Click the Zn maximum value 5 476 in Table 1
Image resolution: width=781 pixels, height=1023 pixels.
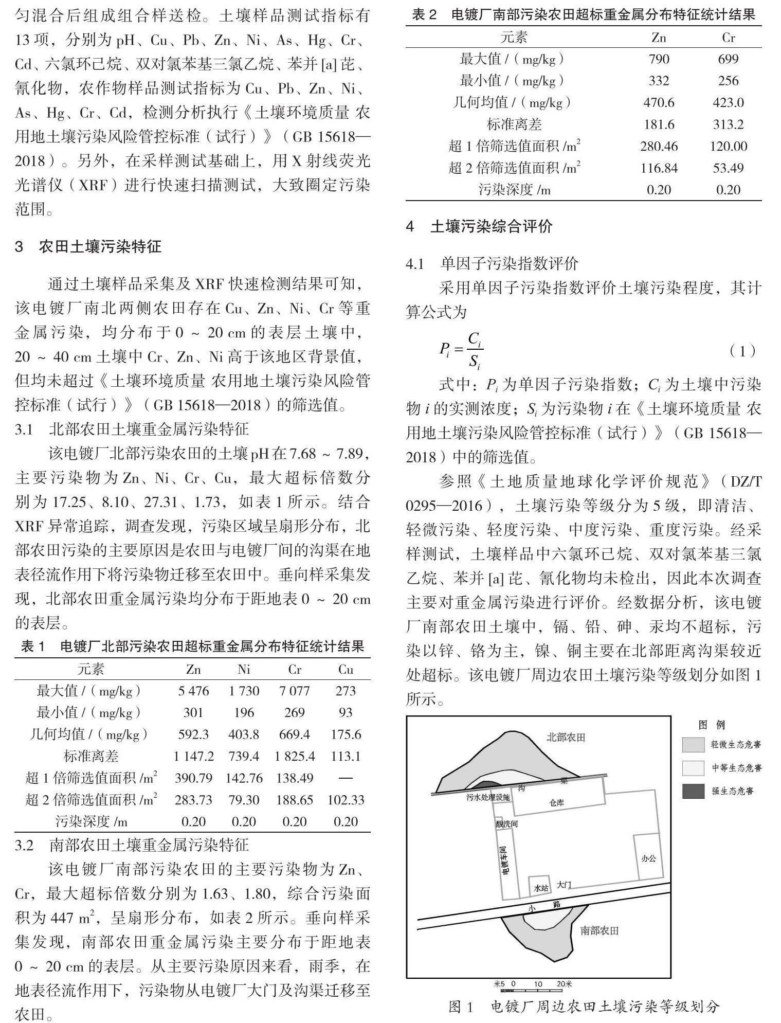pyautogui.click(x=193, y=691)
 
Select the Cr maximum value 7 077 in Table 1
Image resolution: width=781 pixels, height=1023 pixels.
pyautogui.click(x=295, y=691)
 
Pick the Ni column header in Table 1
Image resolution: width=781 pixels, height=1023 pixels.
pyautogui.click(x=244, y=669)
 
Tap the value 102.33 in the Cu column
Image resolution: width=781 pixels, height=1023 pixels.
pyautogui.click(x=346, y=800)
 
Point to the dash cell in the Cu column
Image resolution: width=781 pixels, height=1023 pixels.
pyautogui.click(x=346, y=778)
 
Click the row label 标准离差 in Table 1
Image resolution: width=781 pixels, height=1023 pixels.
pyautogui.click(x=90, y=756)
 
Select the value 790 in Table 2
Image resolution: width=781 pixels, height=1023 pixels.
pyautogui.click(x=659, y=59)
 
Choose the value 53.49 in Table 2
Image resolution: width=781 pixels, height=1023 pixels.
pyautogui.click(x=728, y=168)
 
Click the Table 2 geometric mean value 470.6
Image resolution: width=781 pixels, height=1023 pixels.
pyautogui.click(x=659, y=103)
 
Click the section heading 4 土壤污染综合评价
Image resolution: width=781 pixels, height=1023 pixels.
pyautogui.click(x=479, y=226)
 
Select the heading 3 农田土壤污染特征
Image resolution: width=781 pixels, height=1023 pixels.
pyautogui.click(x=88, y=246)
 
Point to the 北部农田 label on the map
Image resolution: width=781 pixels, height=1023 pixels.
pyautogui.click(x=566, y=738)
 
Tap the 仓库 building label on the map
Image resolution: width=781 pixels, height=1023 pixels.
pyautogui.click(x=556, y=803)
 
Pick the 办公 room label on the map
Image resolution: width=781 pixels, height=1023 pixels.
pyautogui.click(x=648, y=858)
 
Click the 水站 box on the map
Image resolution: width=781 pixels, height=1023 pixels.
pyautogui.click(x=541, y=887)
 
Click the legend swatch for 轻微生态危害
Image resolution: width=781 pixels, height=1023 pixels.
pyautogui.click(x=693, y=744)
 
